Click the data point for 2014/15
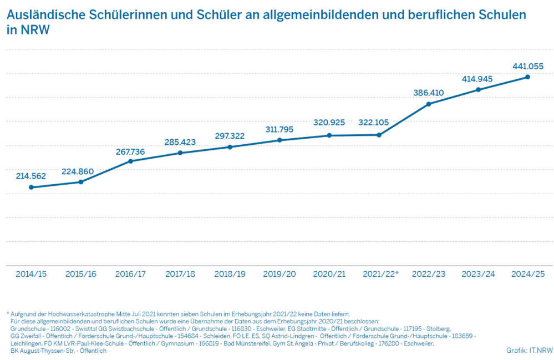(x=31, y=187)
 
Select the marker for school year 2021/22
(x=379, y=135)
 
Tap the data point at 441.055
(x=528, y=77)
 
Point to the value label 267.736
(x=130, y=151)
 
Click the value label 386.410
(x=429, y=93)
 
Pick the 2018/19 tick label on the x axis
(x=230, y=274)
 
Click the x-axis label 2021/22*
(x=380, y=274)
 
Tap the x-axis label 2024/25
(x=528, y=274)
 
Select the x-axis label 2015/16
(x=81, y=274)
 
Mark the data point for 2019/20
(x=279, y=140)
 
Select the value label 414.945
(x=477, y=79)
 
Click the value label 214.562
(x=31, y=176)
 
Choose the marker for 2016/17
(x=130, y=161)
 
